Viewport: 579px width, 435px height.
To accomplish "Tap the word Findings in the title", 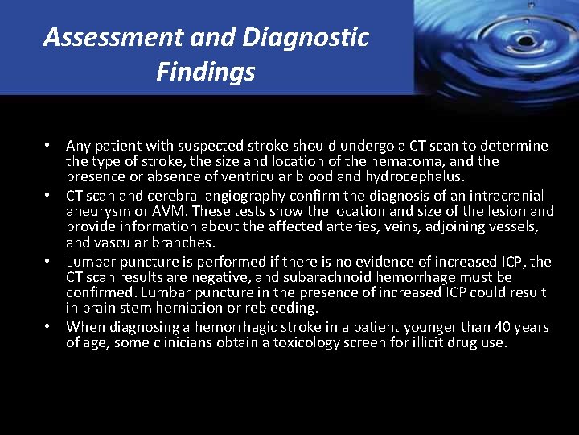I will point(206,72).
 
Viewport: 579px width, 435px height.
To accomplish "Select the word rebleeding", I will point(285,308).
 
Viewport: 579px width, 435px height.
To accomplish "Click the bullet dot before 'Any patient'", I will point(49,146).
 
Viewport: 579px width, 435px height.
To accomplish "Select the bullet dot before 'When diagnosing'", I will point(49,327).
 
